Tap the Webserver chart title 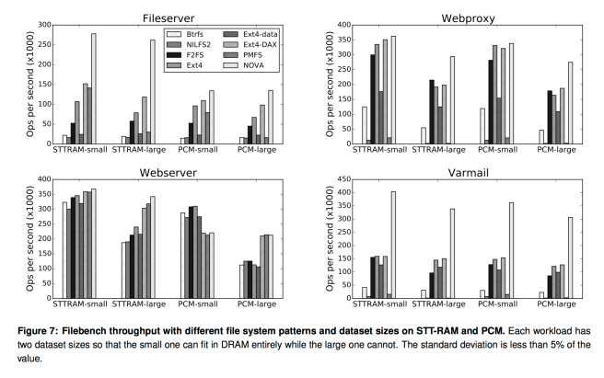(x=168, y=171)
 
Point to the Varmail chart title (x=466, y=171)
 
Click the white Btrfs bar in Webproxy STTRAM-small (x=340, y=125)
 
